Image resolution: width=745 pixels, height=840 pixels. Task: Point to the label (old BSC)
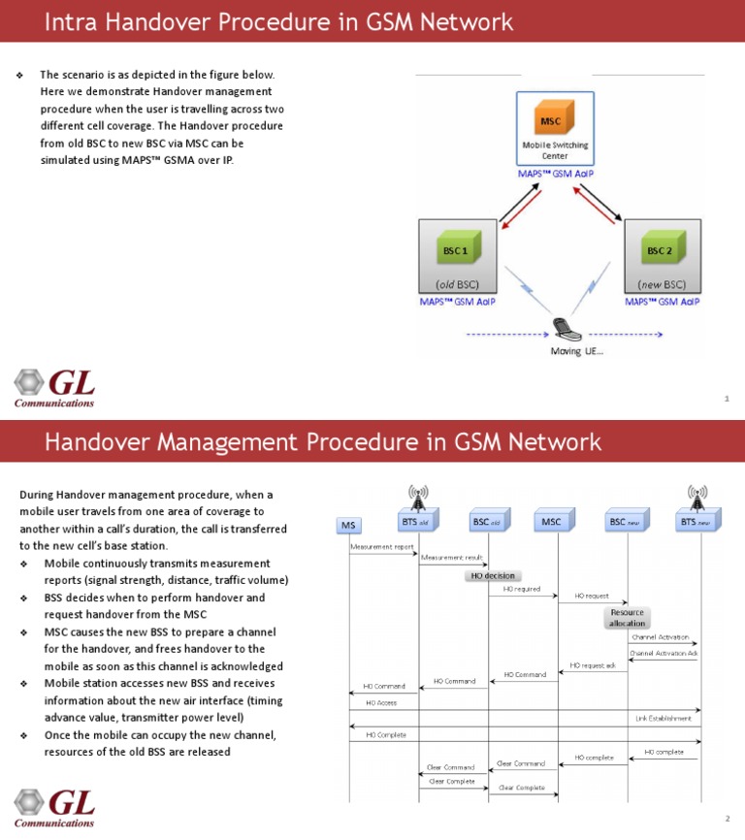click(457, 285)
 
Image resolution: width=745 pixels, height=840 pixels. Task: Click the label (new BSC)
click(663, 285)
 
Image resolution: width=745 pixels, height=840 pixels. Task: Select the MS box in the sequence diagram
click(348, 525)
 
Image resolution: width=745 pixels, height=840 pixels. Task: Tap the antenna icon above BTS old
click(418, 496)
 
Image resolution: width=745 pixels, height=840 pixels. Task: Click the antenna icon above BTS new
click(696, 496)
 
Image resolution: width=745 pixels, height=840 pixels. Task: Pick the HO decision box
click(492, 575)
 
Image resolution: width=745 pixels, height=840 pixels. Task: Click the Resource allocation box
click(627, 618)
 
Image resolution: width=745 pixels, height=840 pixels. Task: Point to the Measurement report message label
click(381, 547)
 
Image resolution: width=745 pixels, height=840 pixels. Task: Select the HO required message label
click(522, 589)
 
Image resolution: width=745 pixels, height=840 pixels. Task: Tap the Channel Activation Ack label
click(664, 653)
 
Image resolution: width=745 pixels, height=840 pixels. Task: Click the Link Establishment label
click(664, 719)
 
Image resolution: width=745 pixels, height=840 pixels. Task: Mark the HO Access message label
click(380, 702)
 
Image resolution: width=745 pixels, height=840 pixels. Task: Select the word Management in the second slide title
click(229, 442)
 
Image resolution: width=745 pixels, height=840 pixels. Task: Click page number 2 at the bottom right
click(726, 818)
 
